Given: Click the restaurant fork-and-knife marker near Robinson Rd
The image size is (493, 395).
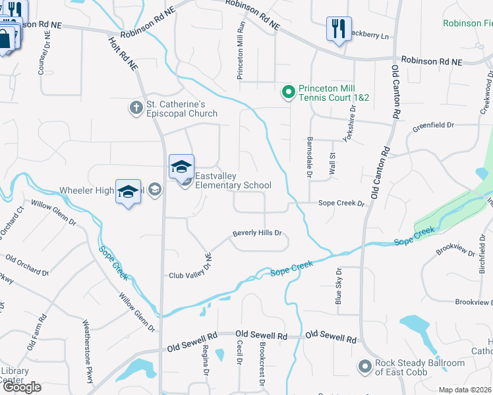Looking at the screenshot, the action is click(x=339, y=29).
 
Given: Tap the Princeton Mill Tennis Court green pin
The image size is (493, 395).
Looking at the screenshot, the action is click(x=287, y=92).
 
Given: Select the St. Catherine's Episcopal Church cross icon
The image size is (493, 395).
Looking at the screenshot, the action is click(x=136, y=107).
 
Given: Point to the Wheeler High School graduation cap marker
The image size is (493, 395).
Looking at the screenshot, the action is click(x=128, y=192).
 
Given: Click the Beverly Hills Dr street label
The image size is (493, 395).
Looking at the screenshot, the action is click(x=257, y=233).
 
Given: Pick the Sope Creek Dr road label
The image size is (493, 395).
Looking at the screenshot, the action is click(x=341, y=204).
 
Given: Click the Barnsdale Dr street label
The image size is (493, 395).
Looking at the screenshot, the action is click(x=309, y=157).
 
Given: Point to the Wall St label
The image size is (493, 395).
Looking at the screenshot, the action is click(x=332, y=162).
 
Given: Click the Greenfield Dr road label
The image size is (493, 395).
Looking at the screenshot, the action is click(x=434, y=124).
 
